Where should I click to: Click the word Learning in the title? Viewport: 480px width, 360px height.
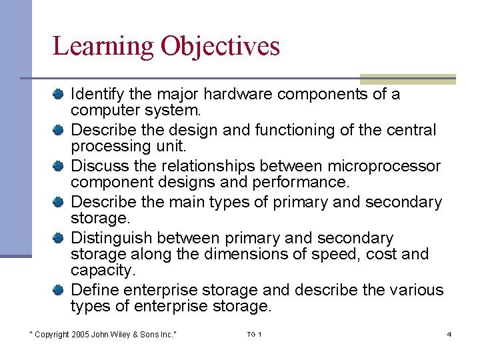pyautogui.click(x=103, y=47)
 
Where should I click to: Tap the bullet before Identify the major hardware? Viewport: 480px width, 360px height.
pyautogui.click(x=59, y=94)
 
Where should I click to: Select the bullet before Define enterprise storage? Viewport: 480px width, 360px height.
pyautogui.click(x=59, y=290)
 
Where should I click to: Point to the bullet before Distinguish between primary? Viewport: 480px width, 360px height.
pyautogui.click(x=59, y=238)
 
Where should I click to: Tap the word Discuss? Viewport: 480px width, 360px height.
pyautogui.click(x=95, y=166)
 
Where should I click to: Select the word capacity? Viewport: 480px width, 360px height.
pyautogui.click(x=101, y=270)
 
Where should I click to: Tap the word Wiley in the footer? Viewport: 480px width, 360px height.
pyautogui.click(x=123, y=334)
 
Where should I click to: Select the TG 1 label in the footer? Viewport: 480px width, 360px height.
pyautogui.click(x=254, y=334)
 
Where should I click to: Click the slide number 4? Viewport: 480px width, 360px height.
pyautogui.click(x=449, y=334)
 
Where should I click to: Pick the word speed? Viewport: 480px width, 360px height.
pyautogui.click(x=345, y=254)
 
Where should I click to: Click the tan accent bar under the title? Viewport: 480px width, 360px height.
pyautogui.click(x=407, y=79)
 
